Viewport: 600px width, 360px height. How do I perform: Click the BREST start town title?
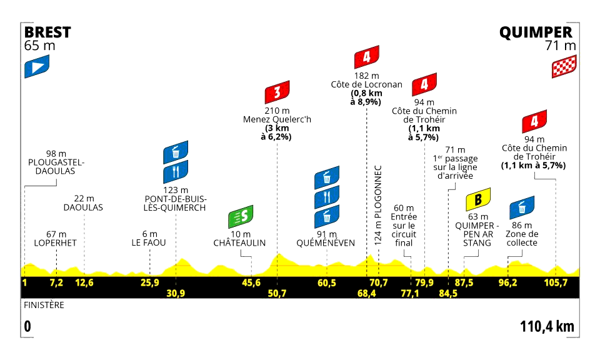point(47,32)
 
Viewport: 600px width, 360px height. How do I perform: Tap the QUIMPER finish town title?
point(536,32)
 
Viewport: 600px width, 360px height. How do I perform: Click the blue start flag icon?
point(37,66)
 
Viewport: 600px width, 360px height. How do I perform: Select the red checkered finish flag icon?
point(563,66)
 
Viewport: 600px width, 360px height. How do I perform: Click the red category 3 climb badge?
point(276,94)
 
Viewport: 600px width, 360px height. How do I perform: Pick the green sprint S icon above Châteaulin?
point(241,217)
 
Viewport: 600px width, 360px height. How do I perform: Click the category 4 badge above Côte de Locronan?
point(366,58)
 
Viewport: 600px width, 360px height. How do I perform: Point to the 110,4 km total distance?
point(546,326)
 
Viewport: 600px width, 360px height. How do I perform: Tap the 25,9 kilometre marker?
point(149,283)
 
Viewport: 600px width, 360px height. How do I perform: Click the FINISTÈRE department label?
point(44,306)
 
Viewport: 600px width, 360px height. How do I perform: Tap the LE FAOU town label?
point(149,242)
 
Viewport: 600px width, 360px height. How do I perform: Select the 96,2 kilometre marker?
point(507,283)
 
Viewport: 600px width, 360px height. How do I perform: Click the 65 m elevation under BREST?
point(39,46)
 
